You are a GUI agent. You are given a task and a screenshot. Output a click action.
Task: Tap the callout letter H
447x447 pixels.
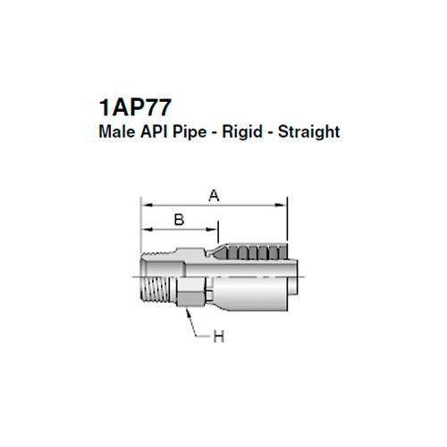(x=218, y=336)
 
